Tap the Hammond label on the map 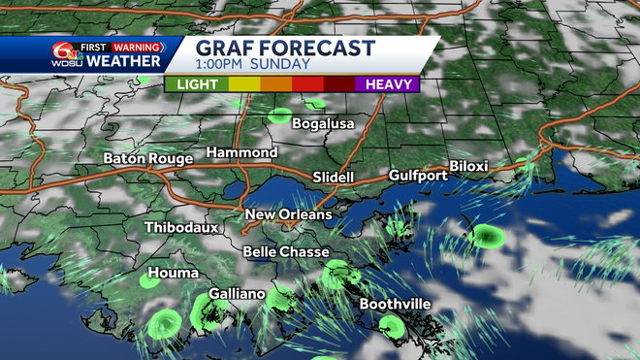241,153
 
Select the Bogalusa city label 323,124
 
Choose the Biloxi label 468,166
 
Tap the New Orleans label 288,213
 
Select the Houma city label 174,273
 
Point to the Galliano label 239,294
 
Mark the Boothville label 395,304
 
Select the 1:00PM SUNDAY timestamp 252,65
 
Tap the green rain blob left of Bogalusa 279,116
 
